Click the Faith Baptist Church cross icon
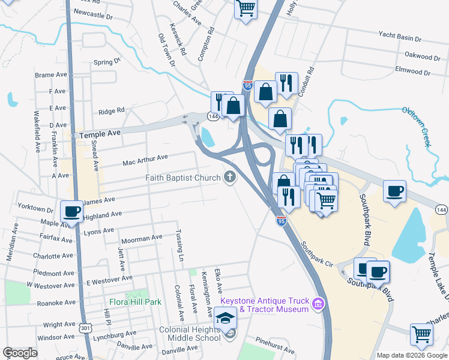(229, 177)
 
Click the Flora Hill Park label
(135, 302)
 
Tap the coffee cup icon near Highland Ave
(72, 211)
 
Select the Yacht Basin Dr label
(400, 37)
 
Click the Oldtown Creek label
(417, 125)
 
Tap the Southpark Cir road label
(317, 254)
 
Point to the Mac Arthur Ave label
(145, 160)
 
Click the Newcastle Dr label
(93, 17)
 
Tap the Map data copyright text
(411, 355)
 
